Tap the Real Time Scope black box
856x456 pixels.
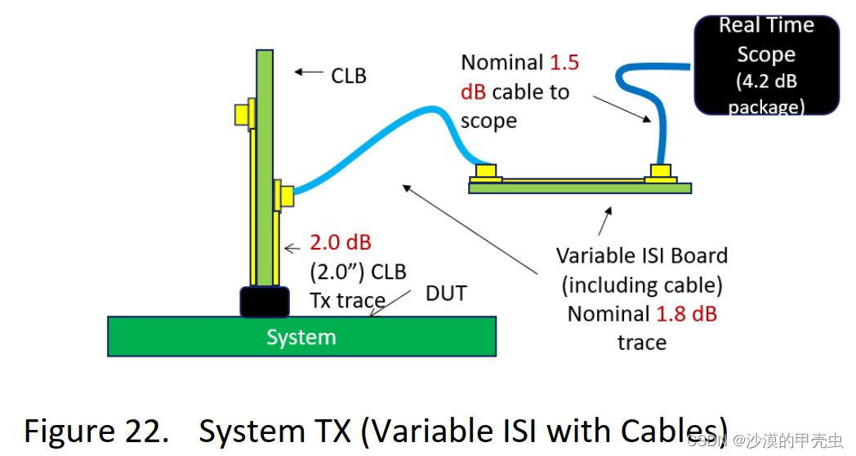(766, 65)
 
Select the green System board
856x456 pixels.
(301, 336)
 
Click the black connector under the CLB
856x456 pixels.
(264, 302)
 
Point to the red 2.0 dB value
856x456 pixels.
(340, 243)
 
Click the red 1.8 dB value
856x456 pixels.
(686, 313)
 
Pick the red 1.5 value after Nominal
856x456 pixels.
(564, 63)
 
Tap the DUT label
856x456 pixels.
(446, 294)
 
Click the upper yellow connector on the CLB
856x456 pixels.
(243, 114)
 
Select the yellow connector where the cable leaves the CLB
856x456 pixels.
(285, 196)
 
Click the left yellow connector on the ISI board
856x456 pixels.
(486, 172)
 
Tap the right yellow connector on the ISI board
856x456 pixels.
(660, 172)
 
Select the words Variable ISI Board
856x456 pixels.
(641, 255)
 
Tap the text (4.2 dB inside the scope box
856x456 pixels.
(766, 81)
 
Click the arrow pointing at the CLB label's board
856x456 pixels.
(309, 73)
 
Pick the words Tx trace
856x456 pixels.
(347, 300)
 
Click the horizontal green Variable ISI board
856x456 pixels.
(579, 188)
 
